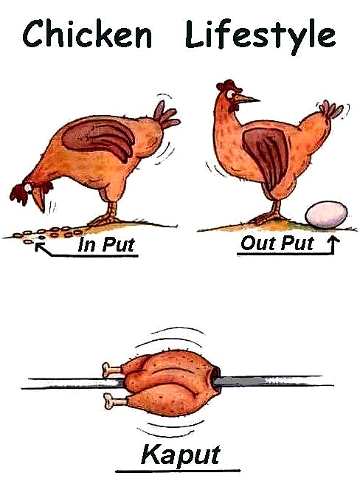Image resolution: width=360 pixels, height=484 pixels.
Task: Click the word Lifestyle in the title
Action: pyautogui.click(x=260, y=35)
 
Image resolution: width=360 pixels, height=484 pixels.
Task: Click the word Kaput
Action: pyautogui.click(x=177, y=452)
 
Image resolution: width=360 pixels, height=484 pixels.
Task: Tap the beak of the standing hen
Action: pyautogui.click(x=247, y=97)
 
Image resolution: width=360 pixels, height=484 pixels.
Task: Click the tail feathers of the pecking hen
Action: pyautogui.click(x=165, y=113)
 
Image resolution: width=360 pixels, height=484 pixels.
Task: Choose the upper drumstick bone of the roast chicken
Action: pyautogui.click(x=110, y=367)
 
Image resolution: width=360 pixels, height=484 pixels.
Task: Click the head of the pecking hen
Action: pyautogui.click(x=28, y=191)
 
